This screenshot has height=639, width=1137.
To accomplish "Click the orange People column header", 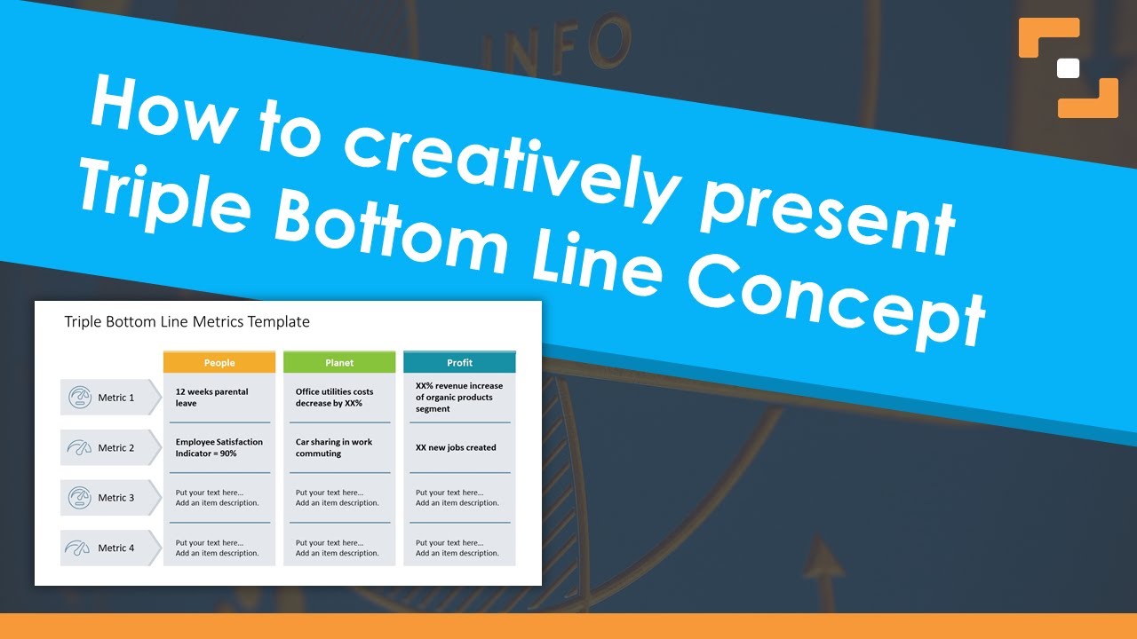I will click(x=219, y=362).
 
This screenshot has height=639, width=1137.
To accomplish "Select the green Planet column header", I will click(x=339, y=362).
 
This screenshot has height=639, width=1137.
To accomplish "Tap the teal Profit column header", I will click(x=459, y=362).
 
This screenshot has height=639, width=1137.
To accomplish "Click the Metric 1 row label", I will click(x=115, y=398).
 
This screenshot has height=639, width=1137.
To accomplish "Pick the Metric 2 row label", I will click(x=115, y=448).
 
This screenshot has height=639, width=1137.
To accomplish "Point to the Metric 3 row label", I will click(x=115, y=498).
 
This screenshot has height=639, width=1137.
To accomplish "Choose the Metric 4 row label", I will click(x=115, y=548).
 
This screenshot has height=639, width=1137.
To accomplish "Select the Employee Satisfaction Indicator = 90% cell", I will click(x=219, y=448).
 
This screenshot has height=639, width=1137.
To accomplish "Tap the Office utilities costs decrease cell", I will click(x=335, y=398).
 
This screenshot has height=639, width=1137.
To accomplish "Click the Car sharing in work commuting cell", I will click(x=334, y=448).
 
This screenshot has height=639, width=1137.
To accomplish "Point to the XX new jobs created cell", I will click(x=456, y=448).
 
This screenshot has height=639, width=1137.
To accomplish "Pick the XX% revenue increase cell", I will click(x=459, y=398).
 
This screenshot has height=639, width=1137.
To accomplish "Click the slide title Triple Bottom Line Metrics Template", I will click(x=187, y=322).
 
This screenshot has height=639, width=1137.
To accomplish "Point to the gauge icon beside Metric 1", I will click(x=79, y=398).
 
